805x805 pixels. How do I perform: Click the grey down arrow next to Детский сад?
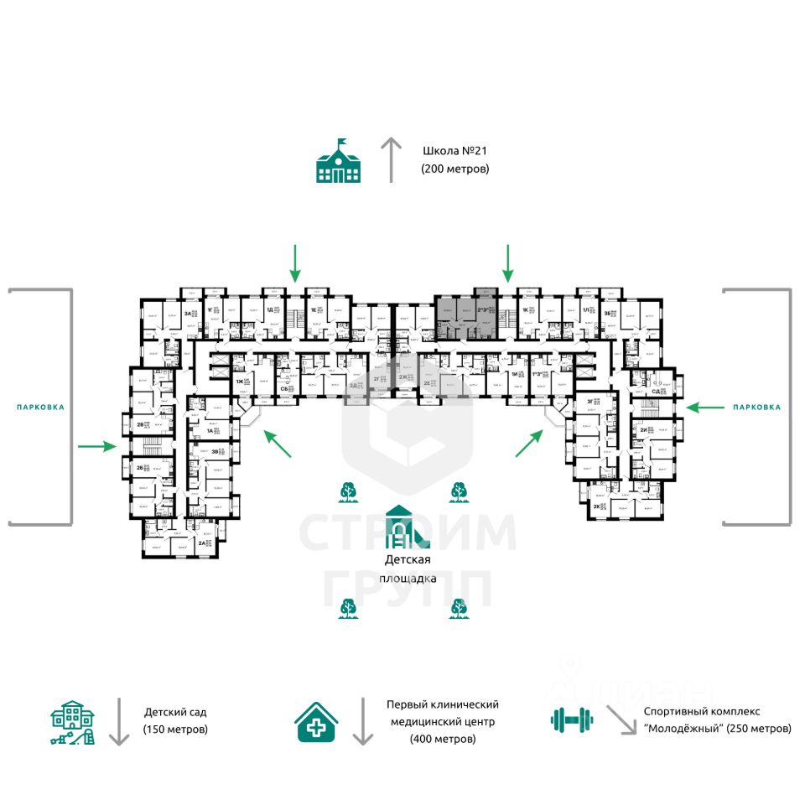pyautogui.click(x=119, y=720)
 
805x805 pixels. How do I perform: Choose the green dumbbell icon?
pyautogui.click(x=572, y=719)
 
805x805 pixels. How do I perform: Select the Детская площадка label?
pyautogui.click(x=408, y=569)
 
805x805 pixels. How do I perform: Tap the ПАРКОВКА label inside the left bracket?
pyautogui.click(x=40, y=407)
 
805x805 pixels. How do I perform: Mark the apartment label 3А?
pyautogui.click(x=188, y=314)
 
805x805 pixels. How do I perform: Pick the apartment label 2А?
pyautogui.click(x=202, y=543)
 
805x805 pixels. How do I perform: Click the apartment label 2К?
pyautogui.click(x=597, y=506)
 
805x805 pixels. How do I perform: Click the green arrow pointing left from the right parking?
pyautogui.click(x=704, y=407)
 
